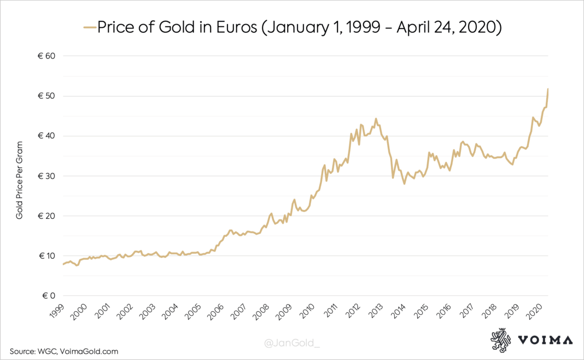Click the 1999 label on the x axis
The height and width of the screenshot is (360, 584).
coord(56,313)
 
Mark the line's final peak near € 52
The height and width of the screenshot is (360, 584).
coord(548,89)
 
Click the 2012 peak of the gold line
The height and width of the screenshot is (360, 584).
coord(376,118)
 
